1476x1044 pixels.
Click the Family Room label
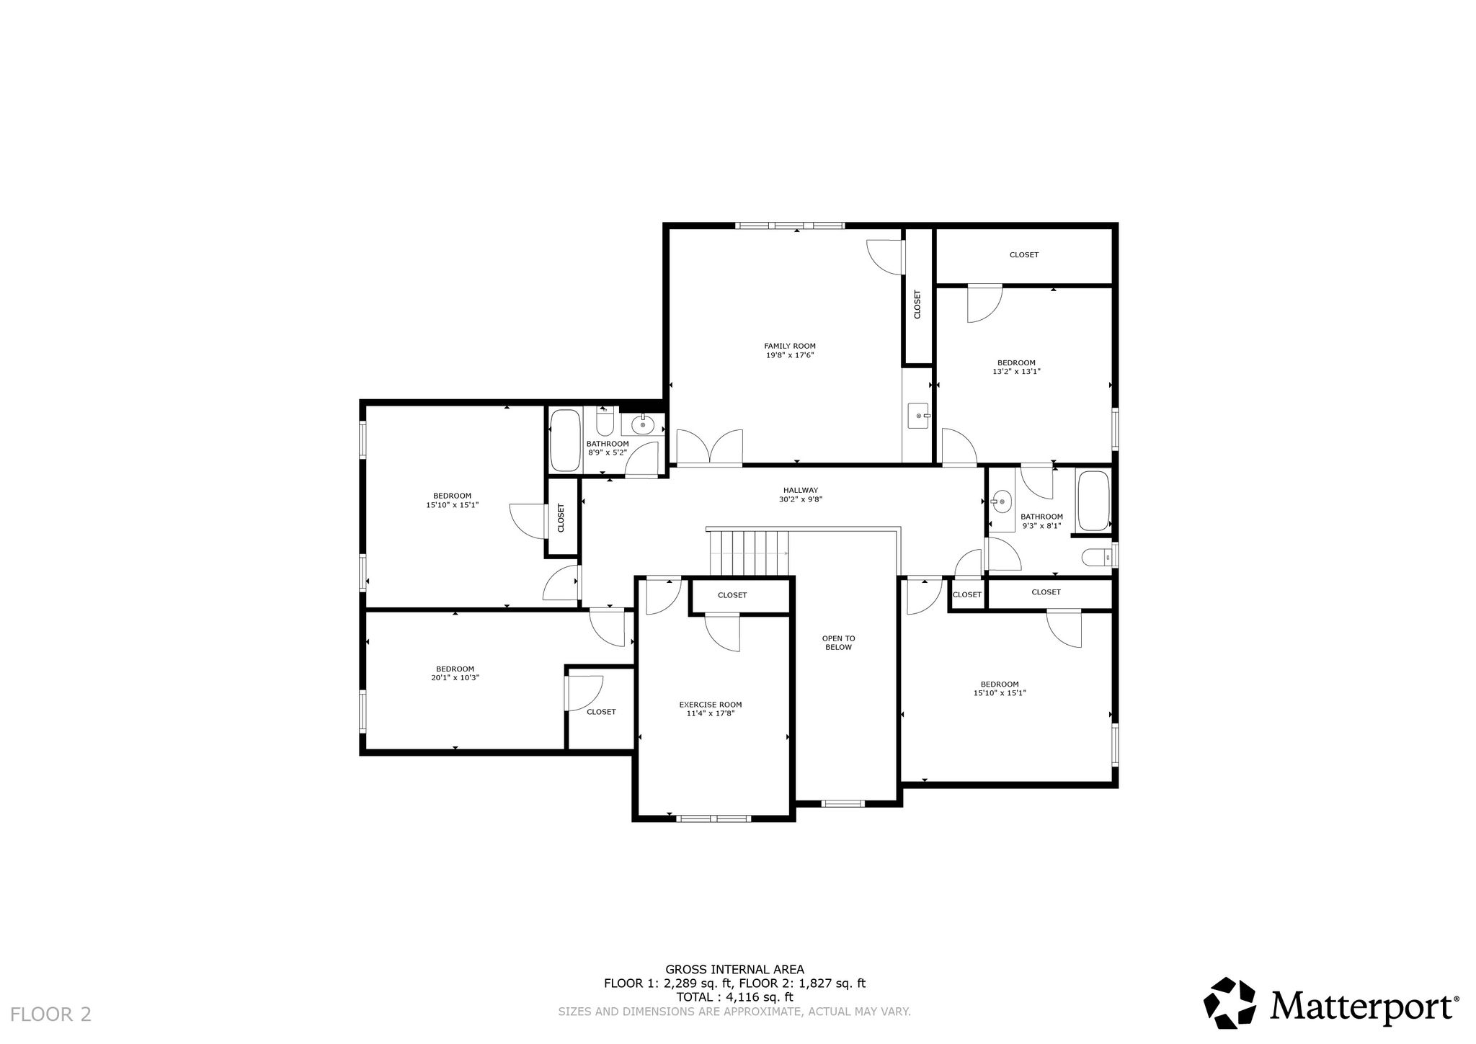coord(790,346)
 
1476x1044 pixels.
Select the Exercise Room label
coord(710,705)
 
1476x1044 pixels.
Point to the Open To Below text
coord(838,643)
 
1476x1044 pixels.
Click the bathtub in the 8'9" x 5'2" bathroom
coord(565,440)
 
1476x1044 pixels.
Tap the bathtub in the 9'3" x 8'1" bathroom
coord(1093,500)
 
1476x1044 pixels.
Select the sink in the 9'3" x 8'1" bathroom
coord(1001,501)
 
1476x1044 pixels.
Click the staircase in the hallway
coord(749,553)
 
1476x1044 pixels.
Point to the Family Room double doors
coord(709,447)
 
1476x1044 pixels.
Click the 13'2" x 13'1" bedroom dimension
coord(1016,372)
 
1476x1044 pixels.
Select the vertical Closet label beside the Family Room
coord(917,304)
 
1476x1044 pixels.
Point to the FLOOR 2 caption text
coord(51,1014)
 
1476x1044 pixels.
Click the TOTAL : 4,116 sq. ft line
coord(734,997)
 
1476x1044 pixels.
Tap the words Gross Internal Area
coord(734,970)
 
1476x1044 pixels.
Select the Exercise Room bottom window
coord(713,818)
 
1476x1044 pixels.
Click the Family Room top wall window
coord(789,226)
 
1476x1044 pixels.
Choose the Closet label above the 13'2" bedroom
coord(1023,255)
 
